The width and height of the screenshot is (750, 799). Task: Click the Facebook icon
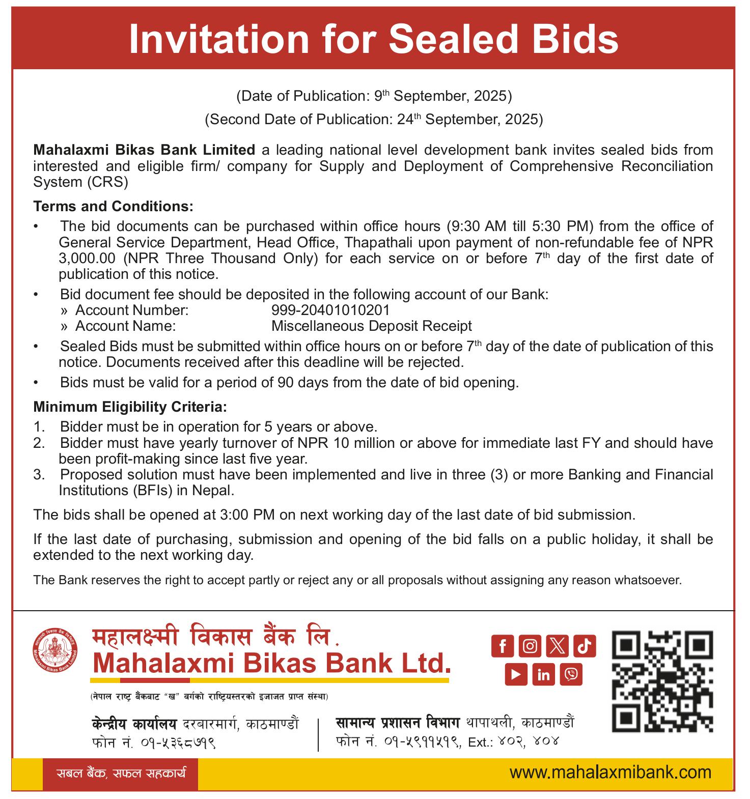coord(503,646)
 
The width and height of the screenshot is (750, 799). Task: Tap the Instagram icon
coord(530,646)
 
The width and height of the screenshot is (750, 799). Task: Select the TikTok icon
coord(584,646)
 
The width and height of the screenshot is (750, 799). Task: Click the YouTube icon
coord(516,674)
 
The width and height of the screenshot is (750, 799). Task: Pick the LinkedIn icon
coord(543,674)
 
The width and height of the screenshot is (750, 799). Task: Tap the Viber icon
coord(571,674)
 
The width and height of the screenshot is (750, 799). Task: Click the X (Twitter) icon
coord(557,646)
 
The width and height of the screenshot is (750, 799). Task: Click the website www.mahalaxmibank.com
coord(610,773)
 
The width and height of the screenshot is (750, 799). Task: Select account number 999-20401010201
coord(330,310)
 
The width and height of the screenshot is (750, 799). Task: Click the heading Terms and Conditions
coord(114,206)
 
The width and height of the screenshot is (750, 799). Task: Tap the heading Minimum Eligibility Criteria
coord(130,407)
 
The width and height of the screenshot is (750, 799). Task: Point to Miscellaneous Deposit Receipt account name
coord(371,326)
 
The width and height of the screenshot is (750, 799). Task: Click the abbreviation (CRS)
coord(107,182)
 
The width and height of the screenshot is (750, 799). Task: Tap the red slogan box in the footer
coord(120,774)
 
